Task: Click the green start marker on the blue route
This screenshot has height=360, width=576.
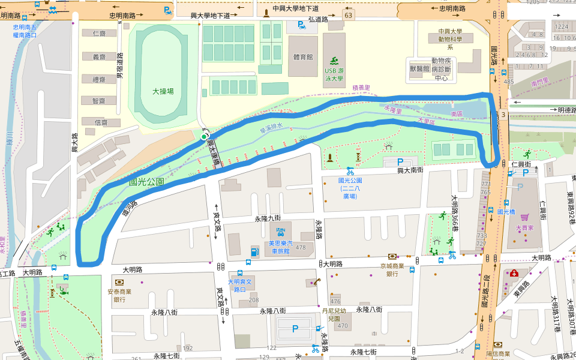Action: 204,137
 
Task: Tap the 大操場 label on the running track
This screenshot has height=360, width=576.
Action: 163,91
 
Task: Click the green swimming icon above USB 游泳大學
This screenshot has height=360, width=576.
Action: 333,60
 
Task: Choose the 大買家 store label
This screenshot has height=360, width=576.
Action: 524,227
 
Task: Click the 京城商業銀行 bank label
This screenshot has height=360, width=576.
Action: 392,269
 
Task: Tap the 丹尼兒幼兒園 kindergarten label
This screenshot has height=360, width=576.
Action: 334,315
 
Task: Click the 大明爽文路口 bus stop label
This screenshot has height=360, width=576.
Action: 242,285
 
